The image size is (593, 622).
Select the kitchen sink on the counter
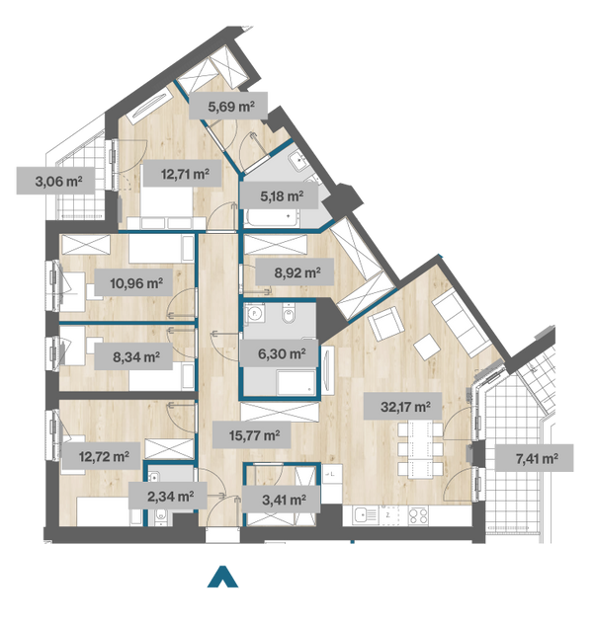click(x=366, y=515)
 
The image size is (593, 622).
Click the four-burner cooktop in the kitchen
click(x=418, y=515)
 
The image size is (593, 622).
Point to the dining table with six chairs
click(x=420, y=449)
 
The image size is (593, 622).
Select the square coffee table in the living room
click(x=427, y=347)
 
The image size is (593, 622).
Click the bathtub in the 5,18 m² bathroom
click(x=272, y=218)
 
